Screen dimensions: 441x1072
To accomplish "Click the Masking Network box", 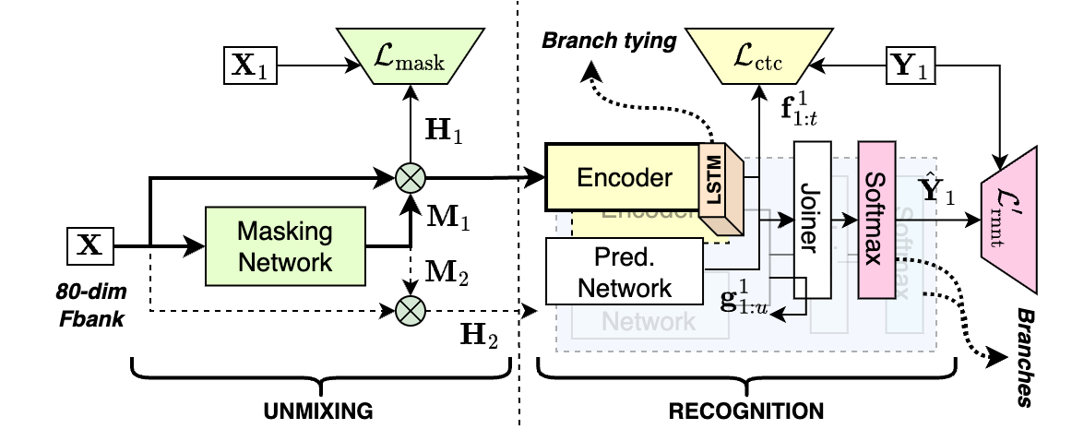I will (285, 245).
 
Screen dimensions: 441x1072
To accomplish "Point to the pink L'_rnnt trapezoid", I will (1009, 219).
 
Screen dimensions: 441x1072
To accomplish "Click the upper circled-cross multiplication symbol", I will (410, 176).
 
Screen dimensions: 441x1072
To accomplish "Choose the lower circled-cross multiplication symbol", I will (410, 310).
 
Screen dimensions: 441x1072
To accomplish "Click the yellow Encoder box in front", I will (624, 177).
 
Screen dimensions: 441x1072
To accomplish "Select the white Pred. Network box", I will (625, 271).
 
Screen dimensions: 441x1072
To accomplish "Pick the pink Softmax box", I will (875, 220).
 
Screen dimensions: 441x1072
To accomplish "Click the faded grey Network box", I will (649, 322).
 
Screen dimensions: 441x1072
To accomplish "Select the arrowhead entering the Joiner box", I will (788, 220).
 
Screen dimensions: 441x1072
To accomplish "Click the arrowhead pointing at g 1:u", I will (775, 316).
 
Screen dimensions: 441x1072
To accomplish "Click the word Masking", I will (285, 231).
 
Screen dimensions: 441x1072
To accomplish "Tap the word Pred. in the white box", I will (625, 257).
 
